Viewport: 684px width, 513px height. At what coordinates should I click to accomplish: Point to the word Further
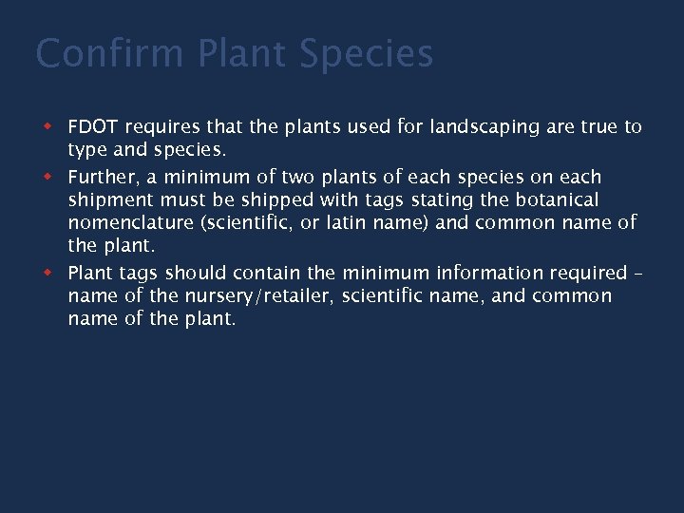click(x=101, y=177)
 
